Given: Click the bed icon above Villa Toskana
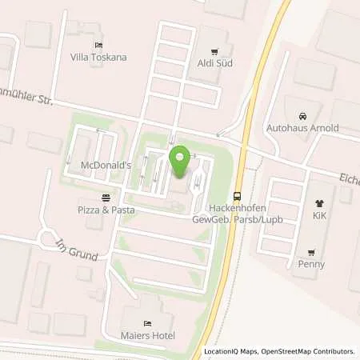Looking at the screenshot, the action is tap(98, 45).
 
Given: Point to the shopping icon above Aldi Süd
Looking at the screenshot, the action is tap(214, 50).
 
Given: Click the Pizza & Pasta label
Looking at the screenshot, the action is tap(106, 210).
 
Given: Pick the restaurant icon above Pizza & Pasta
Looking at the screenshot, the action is tap(106, 198).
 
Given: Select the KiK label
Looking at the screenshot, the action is tap(318, 216).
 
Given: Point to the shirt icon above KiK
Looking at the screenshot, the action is tap(318, 204).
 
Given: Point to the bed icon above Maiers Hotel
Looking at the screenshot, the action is tap(146, 310).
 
